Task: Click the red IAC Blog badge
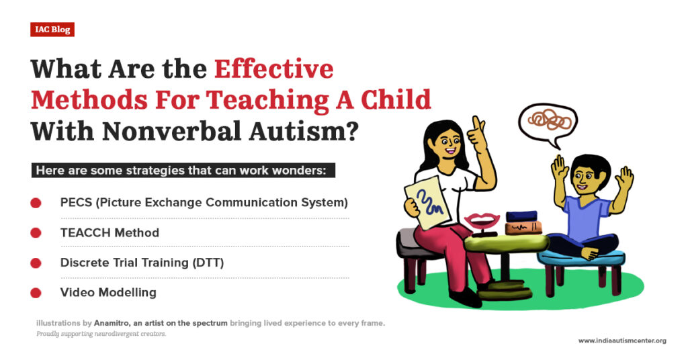(52, 30)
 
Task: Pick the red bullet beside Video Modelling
(36, 293)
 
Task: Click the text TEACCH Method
(110, 232)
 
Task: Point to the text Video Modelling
(108, 293)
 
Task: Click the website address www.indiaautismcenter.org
(622, 341)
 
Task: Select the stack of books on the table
(523, 222)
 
